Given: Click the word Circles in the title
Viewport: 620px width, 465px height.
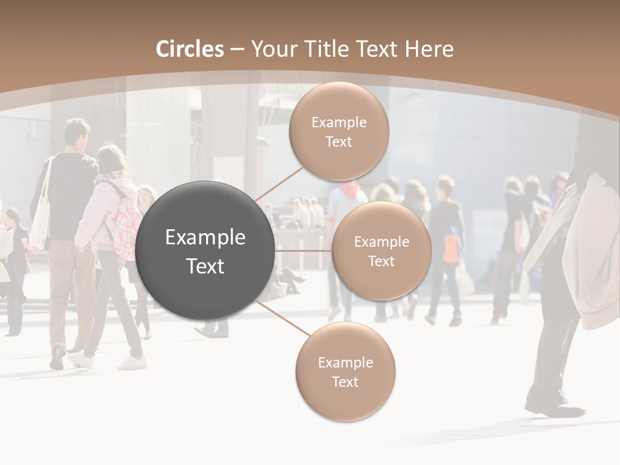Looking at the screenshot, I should click(190, 49).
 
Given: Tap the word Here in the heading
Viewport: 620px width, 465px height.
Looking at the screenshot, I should click(429, 49).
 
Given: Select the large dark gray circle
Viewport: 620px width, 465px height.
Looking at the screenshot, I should click(205, 251).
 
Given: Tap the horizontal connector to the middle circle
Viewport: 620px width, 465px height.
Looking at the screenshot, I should click(304, 251).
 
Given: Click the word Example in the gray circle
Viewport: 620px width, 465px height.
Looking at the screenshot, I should click(205, 238).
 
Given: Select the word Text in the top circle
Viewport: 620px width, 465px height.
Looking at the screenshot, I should click(338, 142).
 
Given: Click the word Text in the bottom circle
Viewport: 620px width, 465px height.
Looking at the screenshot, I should click(345, 382).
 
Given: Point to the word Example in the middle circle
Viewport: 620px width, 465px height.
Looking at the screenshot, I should click(381, 242).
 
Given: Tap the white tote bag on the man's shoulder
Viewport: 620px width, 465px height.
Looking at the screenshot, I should click(41, 220).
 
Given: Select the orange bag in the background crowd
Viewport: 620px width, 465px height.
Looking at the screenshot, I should click(451, 248).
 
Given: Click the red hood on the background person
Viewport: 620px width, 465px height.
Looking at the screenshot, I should click(349, 190).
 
